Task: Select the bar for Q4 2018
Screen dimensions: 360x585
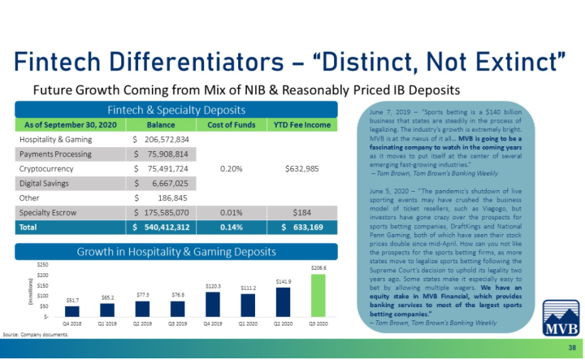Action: [72, 310]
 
